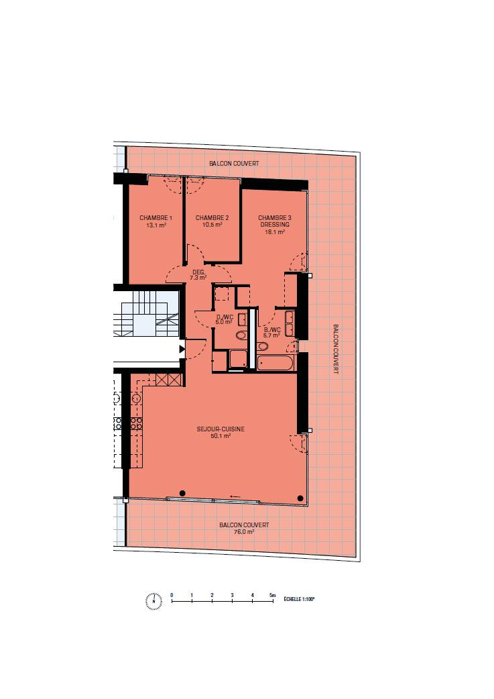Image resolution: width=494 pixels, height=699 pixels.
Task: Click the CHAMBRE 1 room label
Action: (x=156, y=218)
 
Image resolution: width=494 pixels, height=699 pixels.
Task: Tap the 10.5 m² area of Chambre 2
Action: (x=212, y=225)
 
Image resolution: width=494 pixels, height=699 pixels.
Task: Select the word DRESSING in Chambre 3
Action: (x=275, y=225)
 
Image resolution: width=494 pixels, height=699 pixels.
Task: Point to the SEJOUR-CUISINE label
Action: (x=221, y=429)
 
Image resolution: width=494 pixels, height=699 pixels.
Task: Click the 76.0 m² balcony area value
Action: (x=244, y=532)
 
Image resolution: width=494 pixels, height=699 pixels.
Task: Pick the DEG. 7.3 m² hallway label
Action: (x=198, y=274)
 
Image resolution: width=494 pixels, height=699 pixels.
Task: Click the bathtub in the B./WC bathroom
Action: (x=275, y=362)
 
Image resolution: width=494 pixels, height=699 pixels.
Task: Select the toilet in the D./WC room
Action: (x=241, y=335)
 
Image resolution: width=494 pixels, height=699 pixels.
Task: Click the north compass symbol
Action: (x=153, y=601)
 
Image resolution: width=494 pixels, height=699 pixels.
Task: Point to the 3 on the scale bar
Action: (x=232, y=595)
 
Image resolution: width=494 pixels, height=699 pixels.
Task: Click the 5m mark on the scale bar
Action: (x=273, y=595)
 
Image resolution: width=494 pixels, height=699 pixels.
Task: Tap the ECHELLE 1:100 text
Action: (x=299, y=600)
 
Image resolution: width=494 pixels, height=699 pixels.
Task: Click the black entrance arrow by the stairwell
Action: (x=182, y=349)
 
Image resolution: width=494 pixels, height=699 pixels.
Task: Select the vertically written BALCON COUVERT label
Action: (x=336, y=349)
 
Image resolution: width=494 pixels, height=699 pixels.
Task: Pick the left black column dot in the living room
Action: (x=182, y=492)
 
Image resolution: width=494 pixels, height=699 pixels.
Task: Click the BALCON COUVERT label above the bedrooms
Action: (x=234, y=164)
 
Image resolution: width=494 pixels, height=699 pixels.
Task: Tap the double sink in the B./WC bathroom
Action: (x=290, y=323)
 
